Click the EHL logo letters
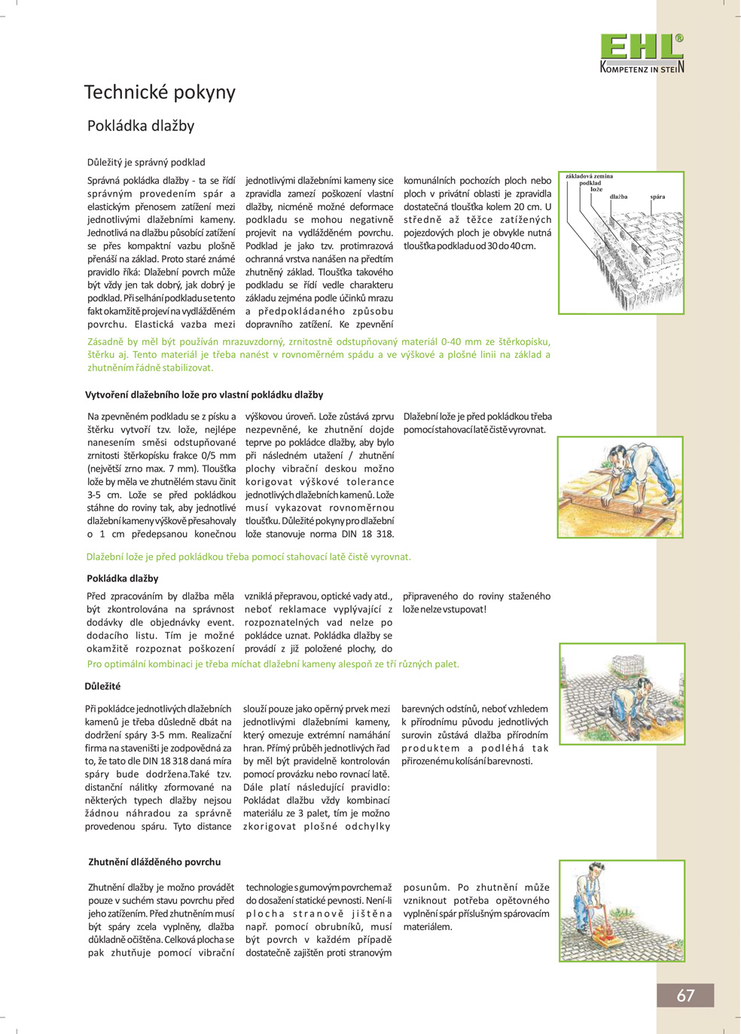pos(641,47)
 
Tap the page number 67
pos(685,996)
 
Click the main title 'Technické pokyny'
pos(160,93)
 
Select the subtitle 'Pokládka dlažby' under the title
pos(141,126)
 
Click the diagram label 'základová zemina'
pos(589,176)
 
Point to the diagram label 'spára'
pos(657,197)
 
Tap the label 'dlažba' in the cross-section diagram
pos(618,197)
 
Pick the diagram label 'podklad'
pos(590,183)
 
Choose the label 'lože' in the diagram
pos(596,189)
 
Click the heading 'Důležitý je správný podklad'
pos(146,162)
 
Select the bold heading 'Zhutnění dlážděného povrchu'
pos(154,862)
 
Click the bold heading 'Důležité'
pos(102,686)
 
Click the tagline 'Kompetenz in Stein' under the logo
pos(642,69)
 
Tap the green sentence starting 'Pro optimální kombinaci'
pos(273,664)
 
